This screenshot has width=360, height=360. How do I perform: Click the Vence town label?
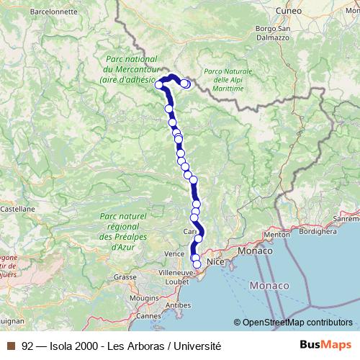click(x=174, y=254)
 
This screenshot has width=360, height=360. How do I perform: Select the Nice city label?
click(x=216, y=263)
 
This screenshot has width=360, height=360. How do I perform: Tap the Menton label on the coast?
click(x=276, y=235)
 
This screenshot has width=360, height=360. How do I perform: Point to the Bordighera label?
click(x=318, y=232)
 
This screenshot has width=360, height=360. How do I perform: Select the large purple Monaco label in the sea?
click(x=269, y=287)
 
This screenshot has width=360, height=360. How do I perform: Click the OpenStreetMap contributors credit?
click(x=293, y=323)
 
